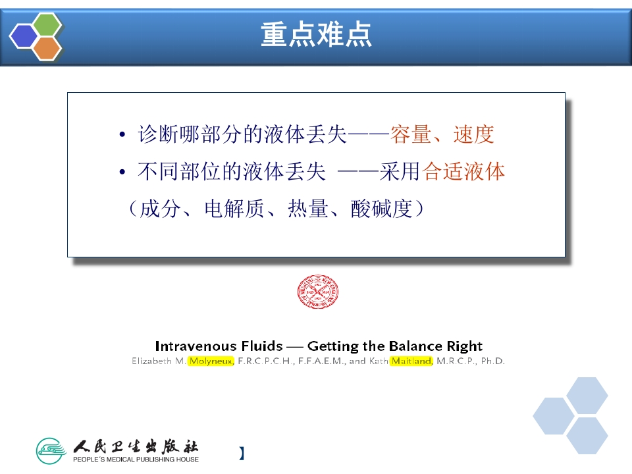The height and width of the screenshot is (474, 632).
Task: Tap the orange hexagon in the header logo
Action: point(47,47)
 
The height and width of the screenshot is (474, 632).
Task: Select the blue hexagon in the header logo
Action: point(25,36)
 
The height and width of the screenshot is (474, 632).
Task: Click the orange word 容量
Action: point(410,134)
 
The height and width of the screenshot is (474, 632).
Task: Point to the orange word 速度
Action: point(473,134)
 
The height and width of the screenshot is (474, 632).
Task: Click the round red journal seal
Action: point(318,292)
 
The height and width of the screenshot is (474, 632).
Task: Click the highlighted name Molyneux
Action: point(211,361)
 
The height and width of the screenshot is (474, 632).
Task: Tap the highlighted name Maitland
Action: point(411,361)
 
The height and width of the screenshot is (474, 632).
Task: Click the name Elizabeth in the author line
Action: point(152,361)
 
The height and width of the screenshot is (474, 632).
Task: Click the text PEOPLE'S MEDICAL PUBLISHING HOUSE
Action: point(136,459)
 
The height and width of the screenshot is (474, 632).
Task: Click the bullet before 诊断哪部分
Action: point(122,136)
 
